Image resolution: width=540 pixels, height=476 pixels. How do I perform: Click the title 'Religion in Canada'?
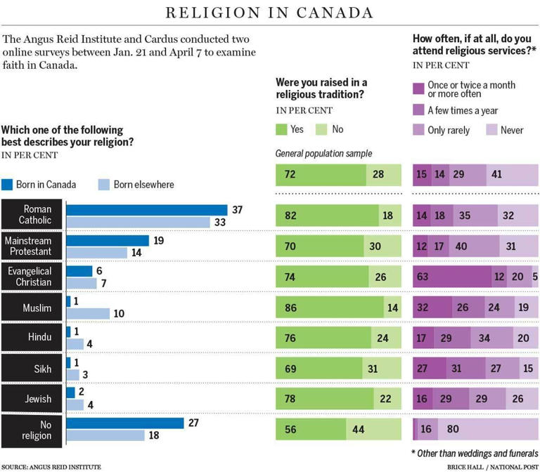[x=269, y=13]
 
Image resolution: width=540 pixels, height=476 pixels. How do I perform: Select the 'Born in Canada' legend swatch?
[x=8, y=185]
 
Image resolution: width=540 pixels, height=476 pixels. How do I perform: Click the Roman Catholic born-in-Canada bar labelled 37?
[x=147, y=210]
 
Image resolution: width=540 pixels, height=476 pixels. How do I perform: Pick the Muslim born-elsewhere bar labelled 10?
[x=88, y=313]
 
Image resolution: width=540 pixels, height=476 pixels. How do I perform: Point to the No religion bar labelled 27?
[x=124, y=423]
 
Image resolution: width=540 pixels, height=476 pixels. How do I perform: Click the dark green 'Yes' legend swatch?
[x=282, y=130]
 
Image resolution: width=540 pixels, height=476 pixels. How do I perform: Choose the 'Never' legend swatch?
[x=490, y=130]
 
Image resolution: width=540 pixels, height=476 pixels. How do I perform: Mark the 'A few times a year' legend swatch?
[x=418, y=110]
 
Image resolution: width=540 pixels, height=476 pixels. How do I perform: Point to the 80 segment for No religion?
[x=488, y=428]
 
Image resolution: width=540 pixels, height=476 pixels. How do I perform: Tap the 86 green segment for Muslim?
[x=330, y=307]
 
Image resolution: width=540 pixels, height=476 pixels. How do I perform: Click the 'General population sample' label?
[x=323, y=154]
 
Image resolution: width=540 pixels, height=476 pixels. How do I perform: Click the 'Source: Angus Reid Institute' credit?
[x=51, y=467]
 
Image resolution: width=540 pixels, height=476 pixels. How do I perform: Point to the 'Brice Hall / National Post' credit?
[x=492, y=467]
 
